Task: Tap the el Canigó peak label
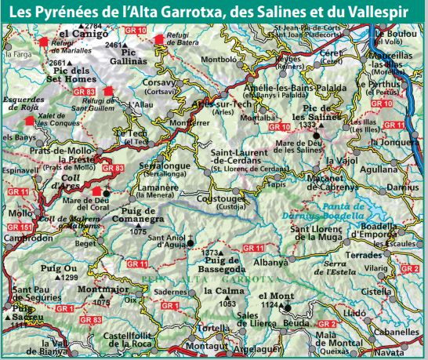tap(81, 35)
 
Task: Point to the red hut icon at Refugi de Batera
tap(161, 38)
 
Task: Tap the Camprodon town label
tap(27, 238)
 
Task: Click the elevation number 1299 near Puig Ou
tap(70, 278)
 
